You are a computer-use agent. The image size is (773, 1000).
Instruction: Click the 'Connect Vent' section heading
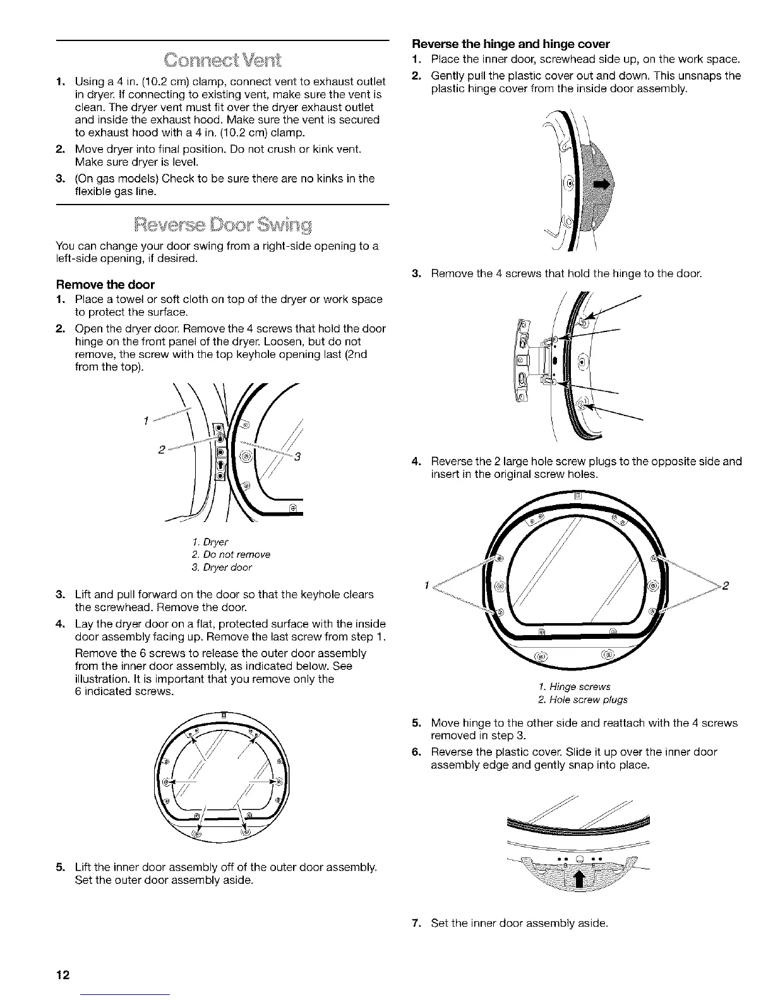(x=222, y=61)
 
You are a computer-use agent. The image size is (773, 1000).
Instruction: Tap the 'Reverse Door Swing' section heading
(x=222, y=225)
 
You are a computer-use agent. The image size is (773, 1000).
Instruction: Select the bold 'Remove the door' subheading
(x=105, y=284)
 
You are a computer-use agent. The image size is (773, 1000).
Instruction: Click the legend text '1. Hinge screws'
(x=575, y=686)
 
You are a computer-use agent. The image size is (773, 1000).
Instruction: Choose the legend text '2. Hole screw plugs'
(x=582, y=699)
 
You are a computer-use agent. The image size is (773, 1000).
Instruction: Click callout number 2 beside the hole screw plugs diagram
(x=726, y=585)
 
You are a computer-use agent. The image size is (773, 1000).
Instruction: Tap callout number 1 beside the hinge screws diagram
(x=428, y=585)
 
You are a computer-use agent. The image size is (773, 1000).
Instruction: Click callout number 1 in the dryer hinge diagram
(x=146, y=420)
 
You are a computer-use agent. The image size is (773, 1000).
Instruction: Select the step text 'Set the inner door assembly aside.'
(x=519, y=924)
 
